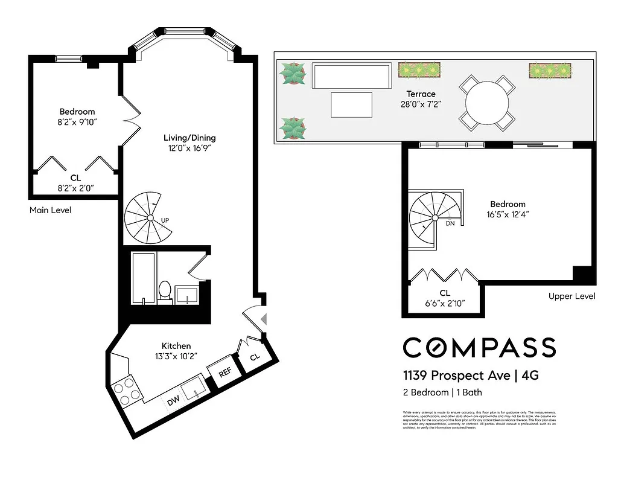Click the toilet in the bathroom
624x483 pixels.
point(164,290)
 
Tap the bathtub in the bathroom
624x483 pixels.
point(144,278)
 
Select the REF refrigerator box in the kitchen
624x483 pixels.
point(225,373)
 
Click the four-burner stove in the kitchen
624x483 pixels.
point(126,389)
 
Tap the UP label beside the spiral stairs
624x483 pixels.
point(165,220)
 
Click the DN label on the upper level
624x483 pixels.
point(450,223)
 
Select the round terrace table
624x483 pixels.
point(487,103)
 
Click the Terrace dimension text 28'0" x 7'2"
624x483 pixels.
point(421,104)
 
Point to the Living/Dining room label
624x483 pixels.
point(192,137)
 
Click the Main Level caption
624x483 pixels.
point(50,210)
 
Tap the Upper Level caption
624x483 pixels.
point(571,296)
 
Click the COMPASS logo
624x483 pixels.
point(479,348)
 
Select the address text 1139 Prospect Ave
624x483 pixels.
point(456,376)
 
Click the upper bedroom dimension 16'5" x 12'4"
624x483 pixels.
point(508,214)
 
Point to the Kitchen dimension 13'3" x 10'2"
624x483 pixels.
point(176,356)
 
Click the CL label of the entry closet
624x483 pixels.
point(255,357)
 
